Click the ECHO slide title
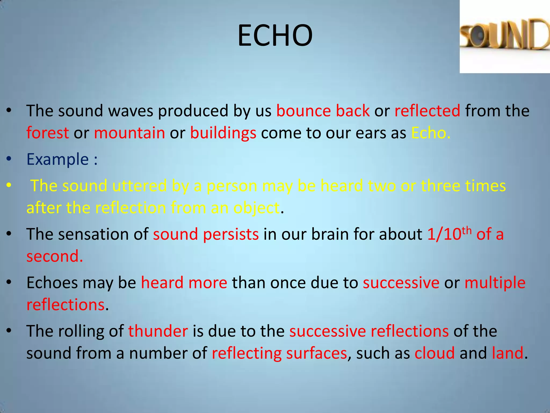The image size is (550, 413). click(275, 35)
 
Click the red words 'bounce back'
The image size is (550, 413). click(323, 111)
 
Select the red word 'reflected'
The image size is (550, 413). click(427, 111)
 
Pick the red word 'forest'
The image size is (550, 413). click(48, 133)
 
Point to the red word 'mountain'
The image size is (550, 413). click(129, 133)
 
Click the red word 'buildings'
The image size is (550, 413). click(223, 133)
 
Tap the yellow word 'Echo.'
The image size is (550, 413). click(430, 133)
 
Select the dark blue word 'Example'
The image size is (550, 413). click(57, 159)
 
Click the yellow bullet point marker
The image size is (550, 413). click(9, 186)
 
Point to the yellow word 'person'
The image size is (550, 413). click(231, 186)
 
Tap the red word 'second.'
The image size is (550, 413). click(55, 256)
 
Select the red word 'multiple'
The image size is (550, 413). click(495, 283)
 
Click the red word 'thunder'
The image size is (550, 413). click(158, 331)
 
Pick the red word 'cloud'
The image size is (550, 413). click(435, 353)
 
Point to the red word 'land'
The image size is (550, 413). click(508, 353)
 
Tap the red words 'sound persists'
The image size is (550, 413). click(206, 234)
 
